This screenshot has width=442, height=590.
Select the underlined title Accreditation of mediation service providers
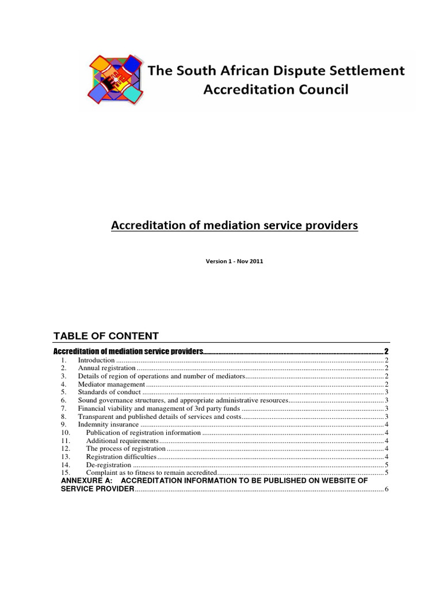coord(234,226)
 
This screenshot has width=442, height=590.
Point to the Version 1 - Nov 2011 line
coord(234,261)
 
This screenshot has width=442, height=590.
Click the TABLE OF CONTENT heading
coord(106,336)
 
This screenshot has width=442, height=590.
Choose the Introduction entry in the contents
coord(97,360)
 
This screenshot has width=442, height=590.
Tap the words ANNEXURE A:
coord(86,480)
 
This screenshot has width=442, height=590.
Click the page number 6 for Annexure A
coord(387,489)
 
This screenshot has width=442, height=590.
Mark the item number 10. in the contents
coord(65,433)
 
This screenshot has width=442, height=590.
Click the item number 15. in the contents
coord(65,473)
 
